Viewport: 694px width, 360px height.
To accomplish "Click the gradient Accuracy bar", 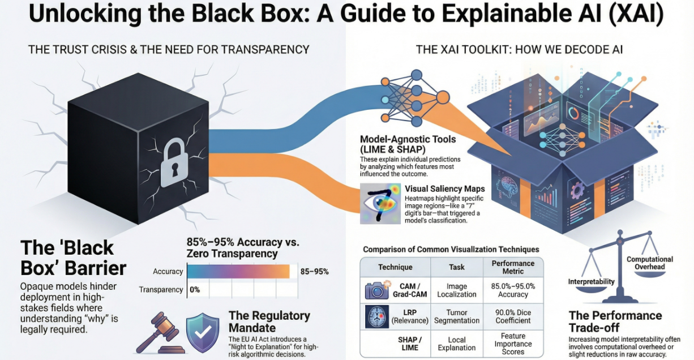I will (238, 272).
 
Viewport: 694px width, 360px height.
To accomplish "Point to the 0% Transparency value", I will (194, 290).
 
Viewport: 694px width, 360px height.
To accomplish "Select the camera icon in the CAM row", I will (376, 290).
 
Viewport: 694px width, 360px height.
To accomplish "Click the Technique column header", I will (395, 267).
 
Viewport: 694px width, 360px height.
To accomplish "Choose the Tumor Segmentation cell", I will (456, 316).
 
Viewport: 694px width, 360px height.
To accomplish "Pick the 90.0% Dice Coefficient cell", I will (513, 316).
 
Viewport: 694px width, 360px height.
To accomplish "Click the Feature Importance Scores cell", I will (513, 344).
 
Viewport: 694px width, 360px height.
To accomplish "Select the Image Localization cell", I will (456, 290).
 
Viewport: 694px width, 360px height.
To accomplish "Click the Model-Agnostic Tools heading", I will (407, 144).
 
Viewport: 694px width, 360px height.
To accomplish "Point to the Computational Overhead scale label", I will (649, 263).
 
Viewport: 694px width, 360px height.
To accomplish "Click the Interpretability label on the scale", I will (591, 282).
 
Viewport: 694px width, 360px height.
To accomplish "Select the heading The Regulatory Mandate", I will (269, 322).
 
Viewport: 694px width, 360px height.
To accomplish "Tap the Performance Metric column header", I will (513, 267).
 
